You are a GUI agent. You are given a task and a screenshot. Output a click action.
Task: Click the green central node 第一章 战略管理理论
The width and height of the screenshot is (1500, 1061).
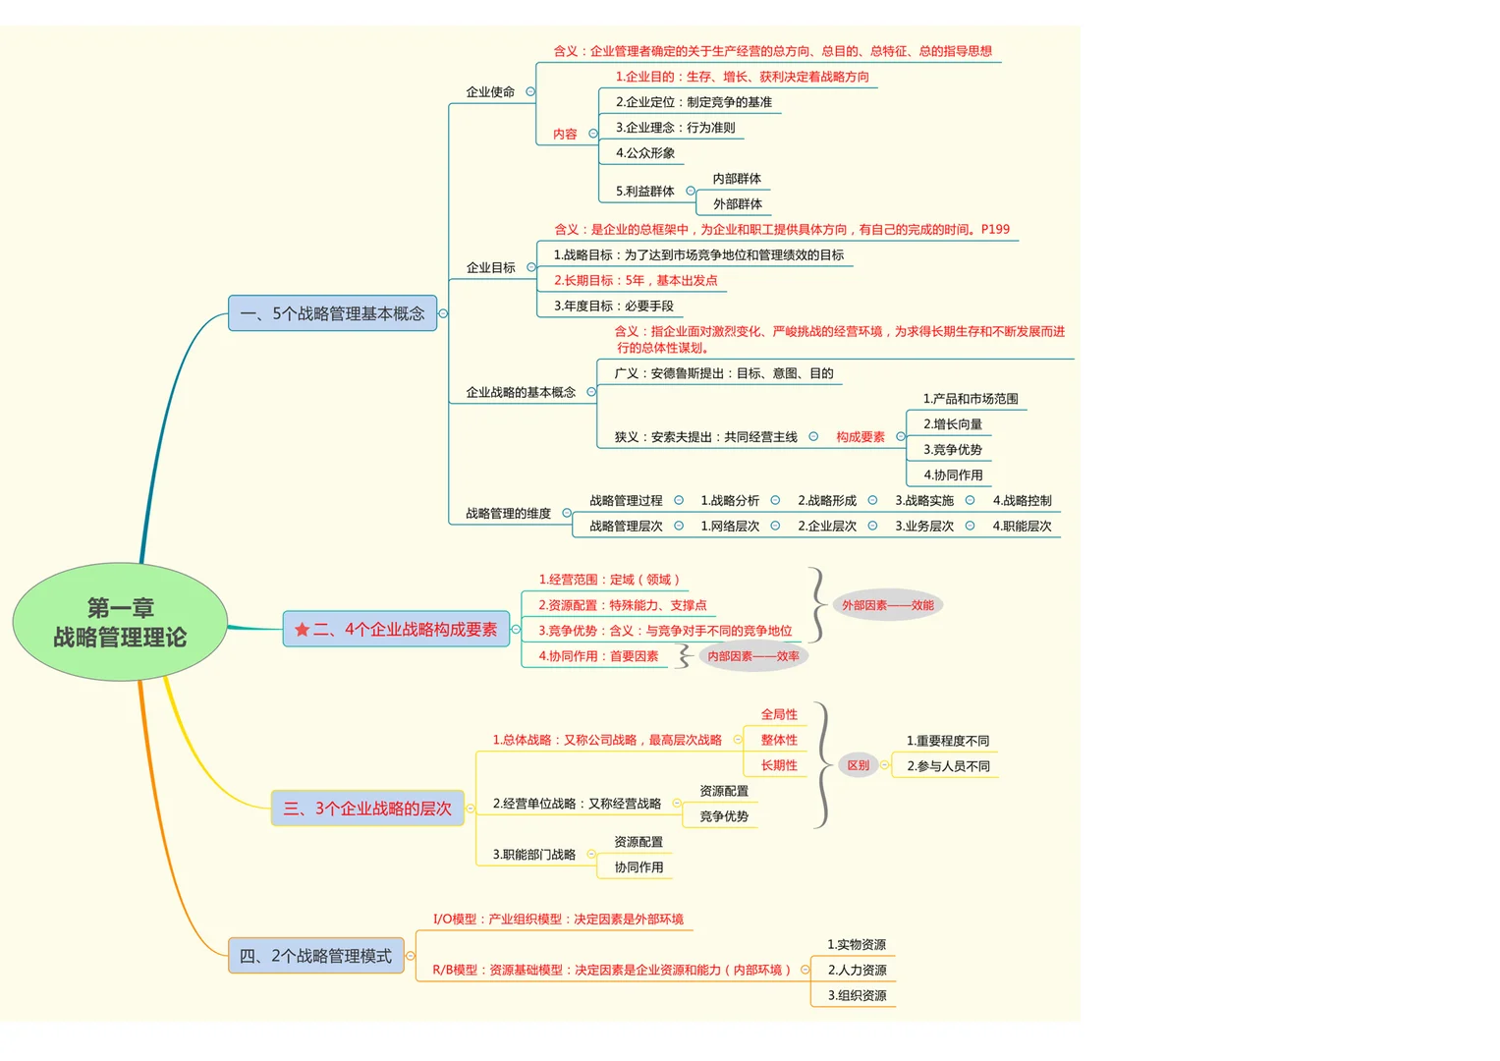tap(120, 622)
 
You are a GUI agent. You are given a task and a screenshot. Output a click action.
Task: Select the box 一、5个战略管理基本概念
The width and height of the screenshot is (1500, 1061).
tap(332, 312)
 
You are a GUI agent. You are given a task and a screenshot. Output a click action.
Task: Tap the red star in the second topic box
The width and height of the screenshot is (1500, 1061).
tap(302, 629)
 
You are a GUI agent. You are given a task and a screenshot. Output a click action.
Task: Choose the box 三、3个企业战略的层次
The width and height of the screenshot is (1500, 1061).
tap(367, 808)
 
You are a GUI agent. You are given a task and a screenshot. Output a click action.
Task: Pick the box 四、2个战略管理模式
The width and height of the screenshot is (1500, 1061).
tap(316, 955)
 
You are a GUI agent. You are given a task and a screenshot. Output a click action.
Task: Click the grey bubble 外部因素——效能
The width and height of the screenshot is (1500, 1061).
tap(887, 605)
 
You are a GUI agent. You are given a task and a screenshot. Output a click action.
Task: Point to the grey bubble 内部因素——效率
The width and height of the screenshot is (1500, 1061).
tap(753, 656)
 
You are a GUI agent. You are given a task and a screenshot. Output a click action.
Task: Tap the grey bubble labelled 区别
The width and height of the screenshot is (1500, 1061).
tap(858, 765)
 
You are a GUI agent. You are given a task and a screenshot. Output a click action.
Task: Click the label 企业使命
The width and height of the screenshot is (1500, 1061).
tap(490, 91)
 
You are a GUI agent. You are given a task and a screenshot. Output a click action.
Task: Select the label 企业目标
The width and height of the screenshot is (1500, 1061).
tap(491, 267)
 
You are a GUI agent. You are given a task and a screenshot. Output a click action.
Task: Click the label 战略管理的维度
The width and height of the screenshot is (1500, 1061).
tap(508, 513)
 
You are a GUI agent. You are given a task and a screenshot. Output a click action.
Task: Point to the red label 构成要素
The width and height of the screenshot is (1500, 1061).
tap(861, 437)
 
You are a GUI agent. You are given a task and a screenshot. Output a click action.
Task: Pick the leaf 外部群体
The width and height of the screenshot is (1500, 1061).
tap(738, 203)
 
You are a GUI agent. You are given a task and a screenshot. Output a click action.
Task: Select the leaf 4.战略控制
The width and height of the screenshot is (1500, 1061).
tap(1022, 500)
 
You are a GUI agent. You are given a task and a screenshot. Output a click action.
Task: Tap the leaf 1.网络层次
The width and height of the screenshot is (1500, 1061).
tap(730, 526)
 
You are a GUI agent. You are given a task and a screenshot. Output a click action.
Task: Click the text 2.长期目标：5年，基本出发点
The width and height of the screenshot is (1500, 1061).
tap(636, 280)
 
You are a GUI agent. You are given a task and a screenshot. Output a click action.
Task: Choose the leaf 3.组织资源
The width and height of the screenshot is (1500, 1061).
tap(858, 995)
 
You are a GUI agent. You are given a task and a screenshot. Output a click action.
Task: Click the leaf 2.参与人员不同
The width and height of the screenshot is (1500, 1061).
tap(948, 765)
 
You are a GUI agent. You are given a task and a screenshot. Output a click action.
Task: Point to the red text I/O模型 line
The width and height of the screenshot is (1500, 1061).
tap(558, 919)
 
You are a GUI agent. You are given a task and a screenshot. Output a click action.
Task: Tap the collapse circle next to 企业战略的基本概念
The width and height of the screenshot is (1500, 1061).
tap(591, 392)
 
